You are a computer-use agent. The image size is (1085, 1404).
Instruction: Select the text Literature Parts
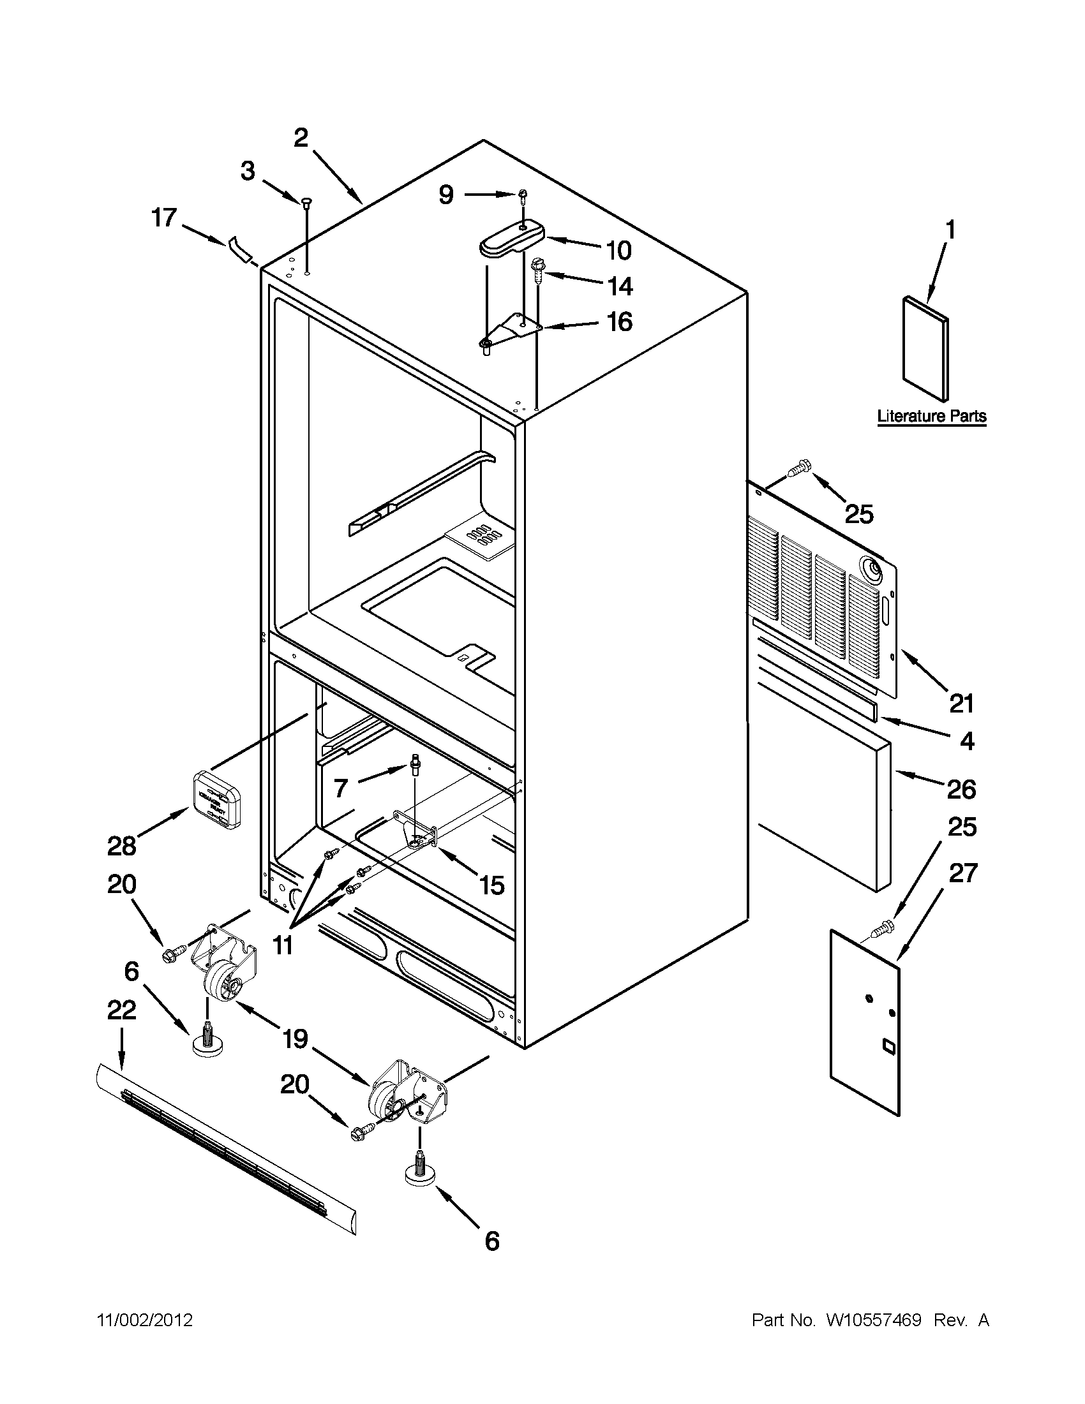pyautogui.click(x=931, y=416)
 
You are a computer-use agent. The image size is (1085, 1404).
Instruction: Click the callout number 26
pyautogui.click(x=961, y=789)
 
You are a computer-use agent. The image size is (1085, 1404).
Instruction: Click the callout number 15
pyautogui.click(x=491, y=886)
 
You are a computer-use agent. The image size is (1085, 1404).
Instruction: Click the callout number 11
pyautogui.click(x=282, y=944)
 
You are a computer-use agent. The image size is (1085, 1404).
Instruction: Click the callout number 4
pyautogui.click(x=966, y=741)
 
